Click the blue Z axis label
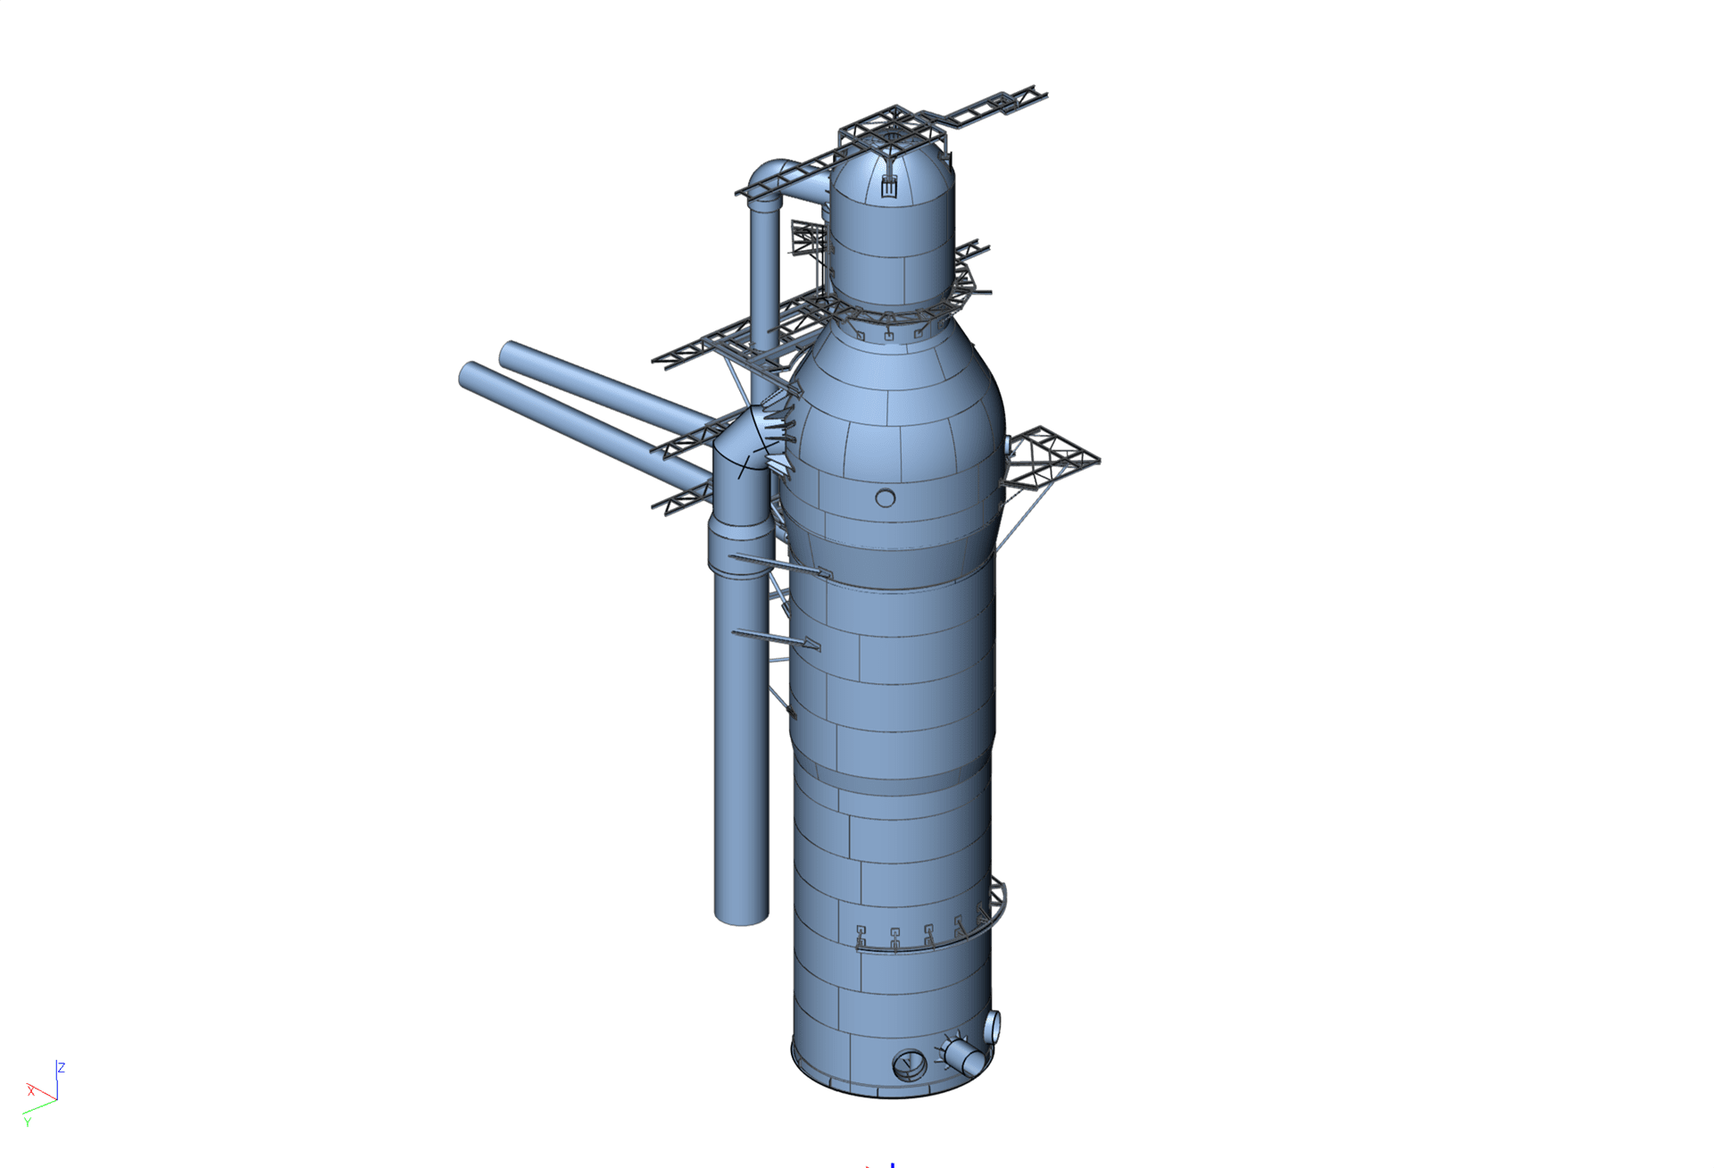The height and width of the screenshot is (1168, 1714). point(62,1068)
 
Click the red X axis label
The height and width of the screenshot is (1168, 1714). point(31,1091)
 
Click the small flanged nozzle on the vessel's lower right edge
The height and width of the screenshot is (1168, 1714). point(992,1028)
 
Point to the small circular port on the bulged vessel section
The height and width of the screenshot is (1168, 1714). point(885,497)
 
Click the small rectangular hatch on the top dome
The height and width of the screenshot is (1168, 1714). point(888,187)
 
